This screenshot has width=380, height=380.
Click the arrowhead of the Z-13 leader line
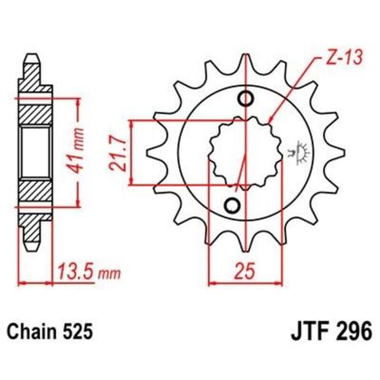tap(272, 117)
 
